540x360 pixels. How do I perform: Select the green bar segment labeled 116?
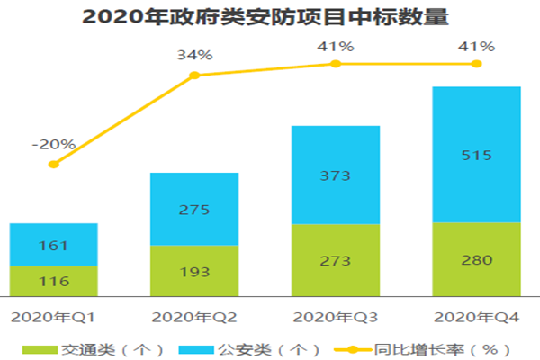point(53,279)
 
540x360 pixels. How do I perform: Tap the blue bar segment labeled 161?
point(53,244)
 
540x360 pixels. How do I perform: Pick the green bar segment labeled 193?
point(194,269)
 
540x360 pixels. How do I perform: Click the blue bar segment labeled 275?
point(194,209)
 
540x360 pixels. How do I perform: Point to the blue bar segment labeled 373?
point(335,175)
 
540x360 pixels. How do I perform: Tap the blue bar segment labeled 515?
point(476,154)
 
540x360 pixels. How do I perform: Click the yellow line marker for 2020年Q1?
point(53,164)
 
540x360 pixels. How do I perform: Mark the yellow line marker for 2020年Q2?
point(194,76)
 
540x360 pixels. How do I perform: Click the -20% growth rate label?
point(53,143)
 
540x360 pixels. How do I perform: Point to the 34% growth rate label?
point(194,55)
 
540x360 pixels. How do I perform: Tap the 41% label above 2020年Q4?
point(476,45)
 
